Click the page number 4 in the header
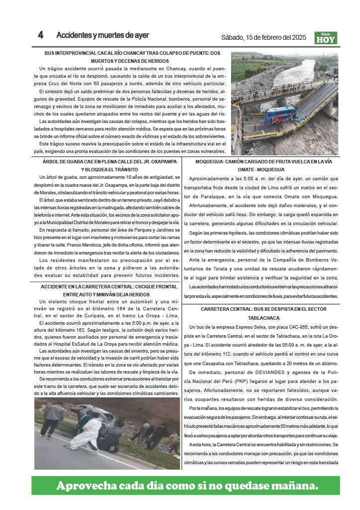click(41, 35)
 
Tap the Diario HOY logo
click(326, 38)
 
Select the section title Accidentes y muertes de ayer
click(103, 35)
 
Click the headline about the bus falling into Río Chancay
click(132, 57)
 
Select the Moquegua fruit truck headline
click(263, 165)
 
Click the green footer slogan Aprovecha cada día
click(187, 485)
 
